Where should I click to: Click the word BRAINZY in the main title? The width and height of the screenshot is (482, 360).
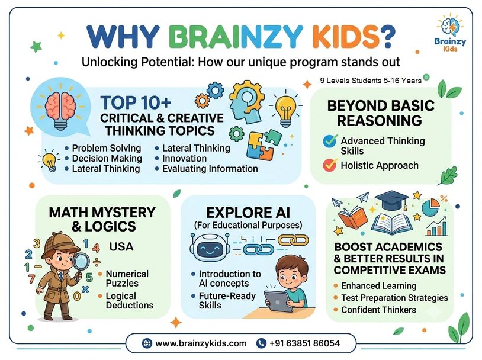236,37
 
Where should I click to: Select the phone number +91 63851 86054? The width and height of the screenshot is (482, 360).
304,343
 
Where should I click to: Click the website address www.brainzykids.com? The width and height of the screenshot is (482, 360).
201,343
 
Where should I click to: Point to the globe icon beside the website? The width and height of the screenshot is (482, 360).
147,343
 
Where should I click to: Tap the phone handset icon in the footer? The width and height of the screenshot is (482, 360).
261,343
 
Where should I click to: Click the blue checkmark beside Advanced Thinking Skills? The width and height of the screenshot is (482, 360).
330,141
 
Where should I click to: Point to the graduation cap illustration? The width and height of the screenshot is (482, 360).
392,200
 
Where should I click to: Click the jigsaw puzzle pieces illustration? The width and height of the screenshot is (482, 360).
264,146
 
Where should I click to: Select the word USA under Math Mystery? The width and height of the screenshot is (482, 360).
121,246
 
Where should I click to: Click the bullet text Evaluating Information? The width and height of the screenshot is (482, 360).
210,169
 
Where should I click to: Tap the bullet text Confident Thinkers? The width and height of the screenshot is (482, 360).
378,310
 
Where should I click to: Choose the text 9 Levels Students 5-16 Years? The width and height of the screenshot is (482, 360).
371,81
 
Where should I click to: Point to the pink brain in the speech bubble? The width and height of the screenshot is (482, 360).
60,106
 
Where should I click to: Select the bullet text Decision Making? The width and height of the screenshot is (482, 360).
107,158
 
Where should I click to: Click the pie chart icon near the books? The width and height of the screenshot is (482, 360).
430,207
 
